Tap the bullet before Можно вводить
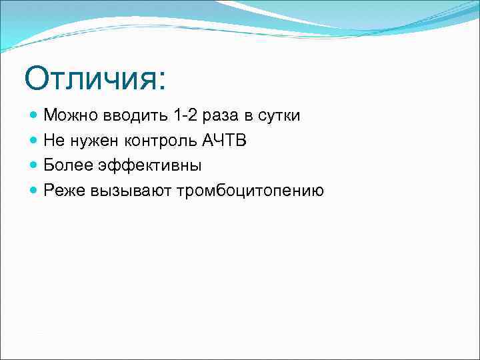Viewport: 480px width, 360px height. [35, 115]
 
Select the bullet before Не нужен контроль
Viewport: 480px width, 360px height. [35, 141]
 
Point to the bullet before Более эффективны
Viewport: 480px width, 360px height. [35, 166]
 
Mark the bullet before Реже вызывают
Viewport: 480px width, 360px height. [35, 191]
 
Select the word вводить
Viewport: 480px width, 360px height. [133, 115]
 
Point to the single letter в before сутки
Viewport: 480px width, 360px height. [248, 116]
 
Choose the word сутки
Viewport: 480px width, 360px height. [279, 116]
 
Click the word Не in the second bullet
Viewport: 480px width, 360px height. [53, 141]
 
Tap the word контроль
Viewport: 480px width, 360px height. [159, 141]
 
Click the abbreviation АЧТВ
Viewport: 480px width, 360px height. [223, 141]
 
